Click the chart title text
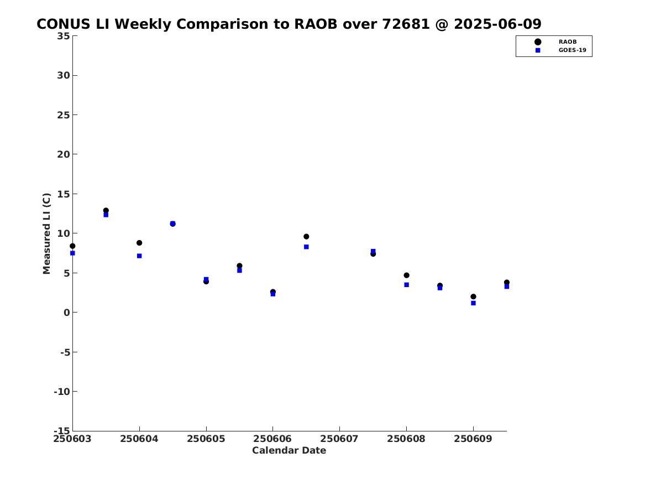click(x=289, y=24)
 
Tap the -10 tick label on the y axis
click(x=62, y=392)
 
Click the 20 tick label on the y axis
click(x=64, y=154)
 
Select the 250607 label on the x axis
click(x=339, y=439)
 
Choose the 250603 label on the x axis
click(x=72, y=439)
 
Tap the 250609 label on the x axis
click(x=473, y=439)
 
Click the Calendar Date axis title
click(x=289, y=451)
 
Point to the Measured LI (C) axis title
click(x=46, y=233)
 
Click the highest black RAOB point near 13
click(x=106, y=210)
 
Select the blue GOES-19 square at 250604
click(x=139, y=256)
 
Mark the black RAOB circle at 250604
click(x=139, y=243)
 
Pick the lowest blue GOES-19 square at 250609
click(x=474, y=303)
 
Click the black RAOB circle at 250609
click(x=474, y=296)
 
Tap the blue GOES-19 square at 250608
click(x=406, y=285)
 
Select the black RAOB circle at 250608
click(x=406, y=275)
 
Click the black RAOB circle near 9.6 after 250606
click(x=306, y=237)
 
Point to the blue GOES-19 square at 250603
click(x=72, y=253)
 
